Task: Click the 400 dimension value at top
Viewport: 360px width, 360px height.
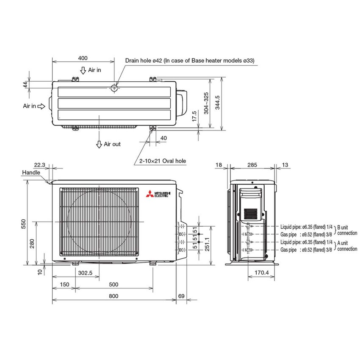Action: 83,58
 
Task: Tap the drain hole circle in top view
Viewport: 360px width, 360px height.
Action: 114,88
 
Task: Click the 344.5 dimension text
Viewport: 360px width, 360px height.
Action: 218,102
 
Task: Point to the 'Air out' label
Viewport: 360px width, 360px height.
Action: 112,144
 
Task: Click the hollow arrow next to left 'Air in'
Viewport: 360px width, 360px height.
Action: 42,106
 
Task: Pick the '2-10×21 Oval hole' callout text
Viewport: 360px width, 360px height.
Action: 163,161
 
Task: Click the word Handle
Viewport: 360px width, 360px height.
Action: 32,173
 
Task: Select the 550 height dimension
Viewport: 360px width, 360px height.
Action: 25,224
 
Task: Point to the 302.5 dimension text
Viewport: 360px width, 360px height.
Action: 85,273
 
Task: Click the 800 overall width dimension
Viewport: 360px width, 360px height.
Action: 113,296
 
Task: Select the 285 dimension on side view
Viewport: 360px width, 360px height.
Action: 252,165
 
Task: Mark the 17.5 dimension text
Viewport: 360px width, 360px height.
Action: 194,117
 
